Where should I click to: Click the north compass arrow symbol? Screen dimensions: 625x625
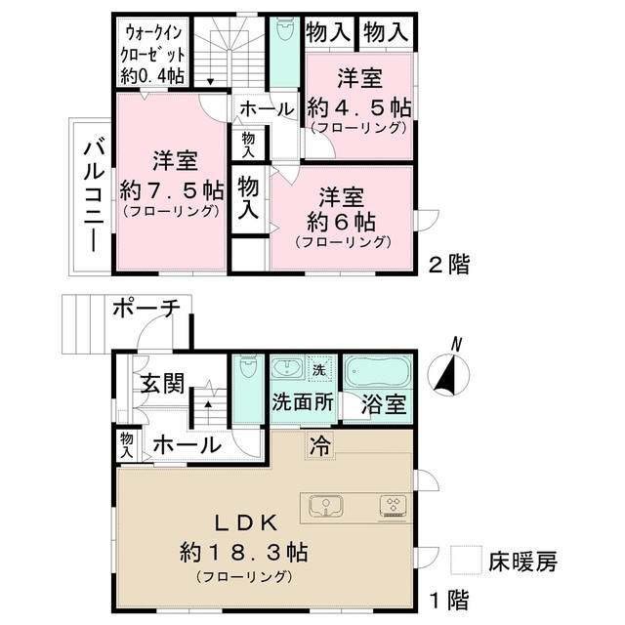pos(447,370)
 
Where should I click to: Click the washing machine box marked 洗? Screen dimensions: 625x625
pos(318,369)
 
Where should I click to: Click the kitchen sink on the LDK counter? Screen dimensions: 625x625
pos(327,506)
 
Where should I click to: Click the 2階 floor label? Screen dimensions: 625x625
pos(448,262)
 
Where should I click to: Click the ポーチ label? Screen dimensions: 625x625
pos(146,309)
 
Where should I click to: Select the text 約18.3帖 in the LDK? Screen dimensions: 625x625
pos(243,553)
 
